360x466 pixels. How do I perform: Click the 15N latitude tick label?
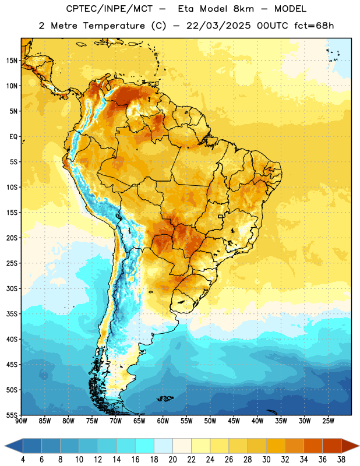(12, 61)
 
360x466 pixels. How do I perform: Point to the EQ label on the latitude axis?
(13, 137)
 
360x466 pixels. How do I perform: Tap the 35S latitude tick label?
(12, 314)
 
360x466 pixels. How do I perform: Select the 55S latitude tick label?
(12, 415)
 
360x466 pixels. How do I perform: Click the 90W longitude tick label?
(21, 421)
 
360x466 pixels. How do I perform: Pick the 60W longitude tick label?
(163, 421)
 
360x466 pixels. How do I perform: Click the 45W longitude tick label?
(234, 421)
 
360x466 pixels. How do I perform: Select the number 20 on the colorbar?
(172, 460)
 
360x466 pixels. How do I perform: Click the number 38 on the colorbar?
(341, 460)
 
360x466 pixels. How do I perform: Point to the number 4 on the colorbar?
(23, 460)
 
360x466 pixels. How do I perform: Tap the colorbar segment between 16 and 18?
(145, 446)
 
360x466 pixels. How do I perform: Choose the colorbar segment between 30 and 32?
(276, 446)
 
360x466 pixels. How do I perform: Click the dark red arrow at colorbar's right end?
(350, 446)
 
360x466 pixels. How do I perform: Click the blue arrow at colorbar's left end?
(13, 446)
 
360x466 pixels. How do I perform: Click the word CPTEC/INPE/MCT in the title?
(110, 9)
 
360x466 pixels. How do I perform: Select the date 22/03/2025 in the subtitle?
(218, 26)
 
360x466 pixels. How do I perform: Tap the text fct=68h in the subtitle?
(314, 26)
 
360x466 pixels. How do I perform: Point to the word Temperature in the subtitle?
(114, 26)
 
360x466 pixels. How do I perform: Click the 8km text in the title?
(243, 9)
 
